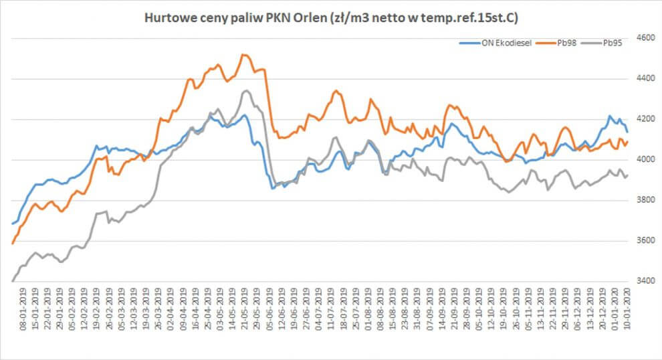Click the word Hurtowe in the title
(x=167, y=17)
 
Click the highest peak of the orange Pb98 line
(x=243, y=55)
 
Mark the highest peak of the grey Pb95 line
(x=245, y=91)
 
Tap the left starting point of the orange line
(x=13, y=244)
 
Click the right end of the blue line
(x=627, y=132)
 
